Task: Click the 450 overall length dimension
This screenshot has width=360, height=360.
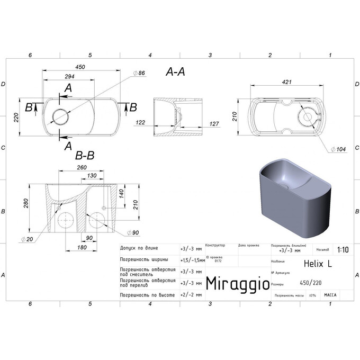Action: pyautogui.click(x=80, y=67)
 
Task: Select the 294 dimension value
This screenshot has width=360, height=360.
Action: pyautogui.click(x=69, y=77)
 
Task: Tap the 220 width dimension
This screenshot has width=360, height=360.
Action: pyautogui.click(x=16, y=116)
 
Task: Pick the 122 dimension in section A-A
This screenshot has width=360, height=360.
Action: pyautogui.click(x=140, y=122)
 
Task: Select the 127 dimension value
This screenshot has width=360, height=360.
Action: pyautogui.click(x=214, y=124)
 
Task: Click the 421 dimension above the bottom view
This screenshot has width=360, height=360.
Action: pyautogui.click(x=287, y=83)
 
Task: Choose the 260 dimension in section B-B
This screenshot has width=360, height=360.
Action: pyautogui.click(x=82, y=167)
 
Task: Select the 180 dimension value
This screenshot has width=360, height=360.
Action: pyautogui.click(x=82, y=248)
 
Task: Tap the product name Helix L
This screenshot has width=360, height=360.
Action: pyautogui.click(x=317, y=262)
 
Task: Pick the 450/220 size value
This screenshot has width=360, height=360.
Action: pyautogui.click(x=310, y=282)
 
